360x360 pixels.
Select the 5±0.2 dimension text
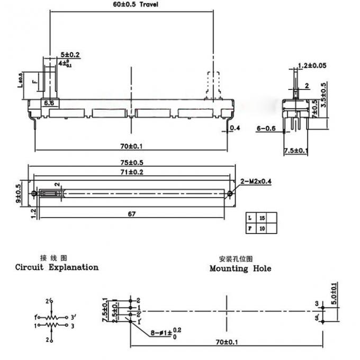click(x=70, y=55)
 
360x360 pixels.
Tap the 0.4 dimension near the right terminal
click(x=236, y=128)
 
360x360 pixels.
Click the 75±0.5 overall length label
click(x=132, y=163)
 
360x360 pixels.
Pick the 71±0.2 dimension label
click(x=132, y=172)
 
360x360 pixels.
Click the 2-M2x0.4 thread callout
click(x=257, y=182)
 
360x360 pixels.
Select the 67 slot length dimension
click(x=132, y=213)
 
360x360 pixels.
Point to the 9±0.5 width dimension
click(x=19, y=193)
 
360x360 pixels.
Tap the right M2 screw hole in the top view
click(x=230, y=194)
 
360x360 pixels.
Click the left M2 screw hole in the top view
click(x=35, y=194)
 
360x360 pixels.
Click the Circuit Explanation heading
click(x=57, y=267)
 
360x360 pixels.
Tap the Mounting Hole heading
click(x=240, y=268)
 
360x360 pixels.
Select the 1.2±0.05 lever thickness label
click(x=312, y=66)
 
